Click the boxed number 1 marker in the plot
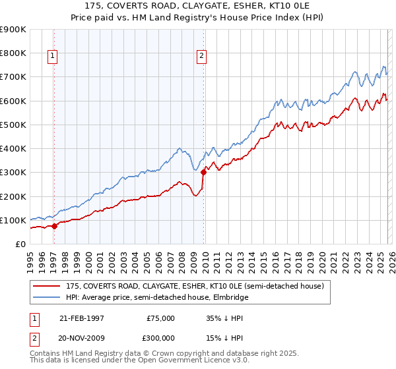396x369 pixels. point(53,57)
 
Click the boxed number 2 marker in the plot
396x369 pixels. point(201,57)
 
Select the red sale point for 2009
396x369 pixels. point(203,173)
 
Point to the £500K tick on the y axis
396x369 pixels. point(13,125)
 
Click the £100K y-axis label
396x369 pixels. point(13,220)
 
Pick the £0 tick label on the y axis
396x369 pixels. point(20,244)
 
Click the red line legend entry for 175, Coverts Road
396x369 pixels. point(195,287)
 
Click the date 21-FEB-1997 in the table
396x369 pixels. point(82,318)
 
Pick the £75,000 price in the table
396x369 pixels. point(160,318)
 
